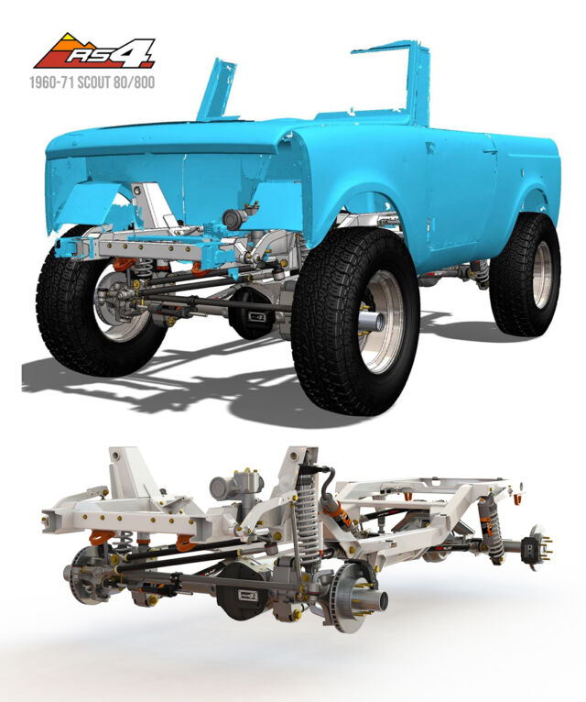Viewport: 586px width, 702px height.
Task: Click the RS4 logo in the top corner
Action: click(94, 51)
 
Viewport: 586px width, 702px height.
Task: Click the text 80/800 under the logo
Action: click(137, 82)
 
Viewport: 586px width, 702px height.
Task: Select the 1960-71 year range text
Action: click(52, 82)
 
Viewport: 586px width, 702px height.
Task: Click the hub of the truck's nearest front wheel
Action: click(374, 320)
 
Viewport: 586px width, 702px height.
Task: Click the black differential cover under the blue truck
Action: click(254, 314)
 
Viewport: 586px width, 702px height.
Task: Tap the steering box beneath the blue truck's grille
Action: click(235, 218)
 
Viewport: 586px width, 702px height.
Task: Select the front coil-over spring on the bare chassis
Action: click(309, 515)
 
